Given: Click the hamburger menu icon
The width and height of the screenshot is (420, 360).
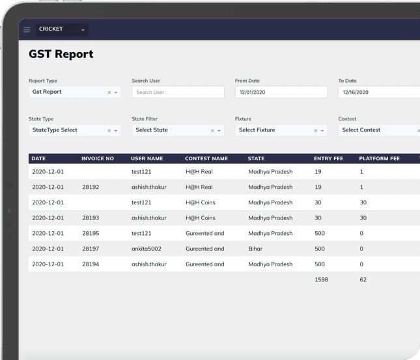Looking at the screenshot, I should pos(27,29).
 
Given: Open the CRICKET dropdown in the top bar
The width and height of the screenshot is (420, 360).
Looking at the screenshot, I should pos(62,29).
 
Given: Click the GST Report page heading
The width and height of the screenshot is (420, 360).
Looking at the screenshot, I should pos(61,55).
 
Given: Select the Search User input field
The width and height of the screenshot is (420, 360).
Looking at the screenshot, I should pos(178,92).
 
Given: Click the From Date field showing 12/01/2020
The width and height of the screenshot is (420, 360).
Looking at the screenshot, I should pos(281,92).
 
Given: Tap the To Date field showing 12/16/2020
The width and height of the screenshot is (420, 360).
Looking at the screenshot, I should pos(378,92).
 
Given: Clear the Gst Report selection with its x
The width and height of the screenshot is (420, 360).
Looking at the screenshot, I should pos(109,92).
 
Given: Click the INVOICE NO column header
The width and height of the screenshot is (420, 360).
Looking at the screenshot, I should pos(98,159).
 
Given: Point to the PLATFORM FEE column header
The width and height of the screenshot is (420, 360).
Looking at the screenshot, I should pos(379,159).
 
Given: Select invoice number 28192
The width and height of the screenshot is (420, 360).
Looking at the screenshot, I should pos(91,187).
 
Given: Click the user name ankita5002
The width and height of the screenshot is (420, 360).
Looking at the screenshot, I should pos(147,249).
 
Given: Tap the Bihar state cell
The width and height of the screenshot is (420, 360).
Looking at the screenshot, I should pos(256,249).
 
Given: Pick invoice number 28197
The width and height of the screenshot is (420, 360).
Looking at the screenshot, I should pos(91,249).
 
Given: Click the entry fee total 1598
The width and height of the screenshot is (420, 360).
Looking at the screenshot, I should pos(321,280).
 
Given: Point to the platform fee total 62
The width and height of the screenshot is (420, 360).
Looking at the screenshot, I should pos(363,280).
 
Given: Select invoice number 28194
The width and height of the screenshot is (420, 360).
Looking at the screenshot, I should pos(91,264).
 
